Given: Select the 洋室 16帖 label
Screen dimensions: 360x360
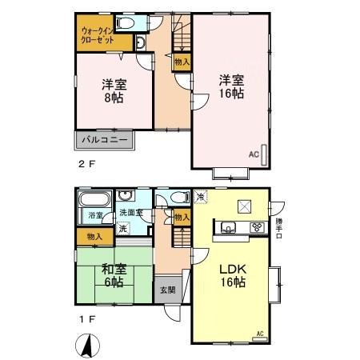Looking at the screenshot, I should pyautogui.click(x=231, y=86).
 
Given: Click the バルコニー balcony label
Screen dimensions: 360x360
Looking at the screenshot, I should pyautogui.click(x=104, y=141).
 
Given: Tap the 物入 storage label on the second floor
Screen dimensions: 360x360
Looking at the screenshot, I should pyautogui.click(x=182, y=61).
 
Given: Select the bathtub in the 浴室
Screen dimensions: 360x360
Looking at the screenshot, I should pyautogui.click(x=94, y=198).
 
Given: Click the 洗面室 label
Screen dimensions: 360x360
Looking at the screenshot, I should pyautogui.click(x=131, y=213).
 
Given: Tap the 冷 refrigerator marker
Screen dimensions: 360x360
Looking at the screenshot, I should pyautogui.click(x=200, y=196).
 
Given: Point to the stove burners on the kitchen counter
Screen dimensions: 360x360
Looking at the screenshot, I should pyautogui.click(x=258, y=228).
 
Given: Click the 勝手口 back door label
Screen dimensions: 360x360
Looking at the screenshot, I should pyautogui.click(x=279, y=225).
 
